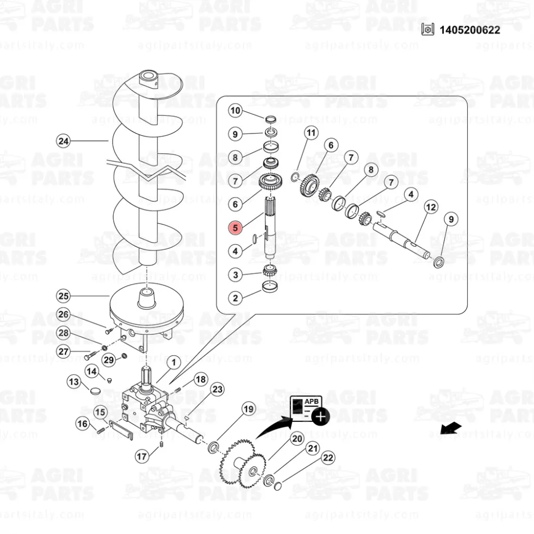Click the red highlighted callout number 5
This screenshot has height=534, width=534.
point(235,228)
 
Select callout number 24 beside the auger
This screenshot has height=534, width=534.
point(64,141)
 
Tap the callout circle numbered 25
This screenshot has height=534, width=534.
point(64,296)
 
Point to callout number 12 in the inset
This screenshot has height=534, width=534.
point(431,207)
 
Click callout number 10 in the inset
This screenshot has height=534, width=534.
point(235,111)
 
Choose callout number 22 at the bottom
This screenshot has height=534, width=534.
point(328,458)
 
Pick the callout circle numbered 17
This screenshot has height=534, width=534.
point(142,457)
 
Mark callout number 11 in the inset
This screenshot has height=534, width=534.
point(311,133)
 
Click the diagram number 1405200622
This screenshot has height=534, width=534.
point(470,30)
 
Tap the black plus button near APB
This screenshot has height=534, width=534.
point(320,416)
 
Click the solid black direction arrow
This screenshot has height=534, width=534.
point(451,428)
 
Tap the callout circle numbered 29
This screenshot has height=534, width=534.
point(108,359)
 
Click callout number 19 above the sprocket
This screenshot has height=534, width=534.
point(249,409)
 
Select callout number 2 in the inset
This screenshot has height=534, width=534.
point(235,299)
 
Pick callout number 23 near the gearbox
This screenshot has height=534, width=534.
point(217,389)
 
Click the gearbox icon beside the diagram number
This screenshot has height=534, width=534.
point(428,30)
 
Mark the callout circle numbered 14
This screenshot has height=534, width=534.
point(92,371)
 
